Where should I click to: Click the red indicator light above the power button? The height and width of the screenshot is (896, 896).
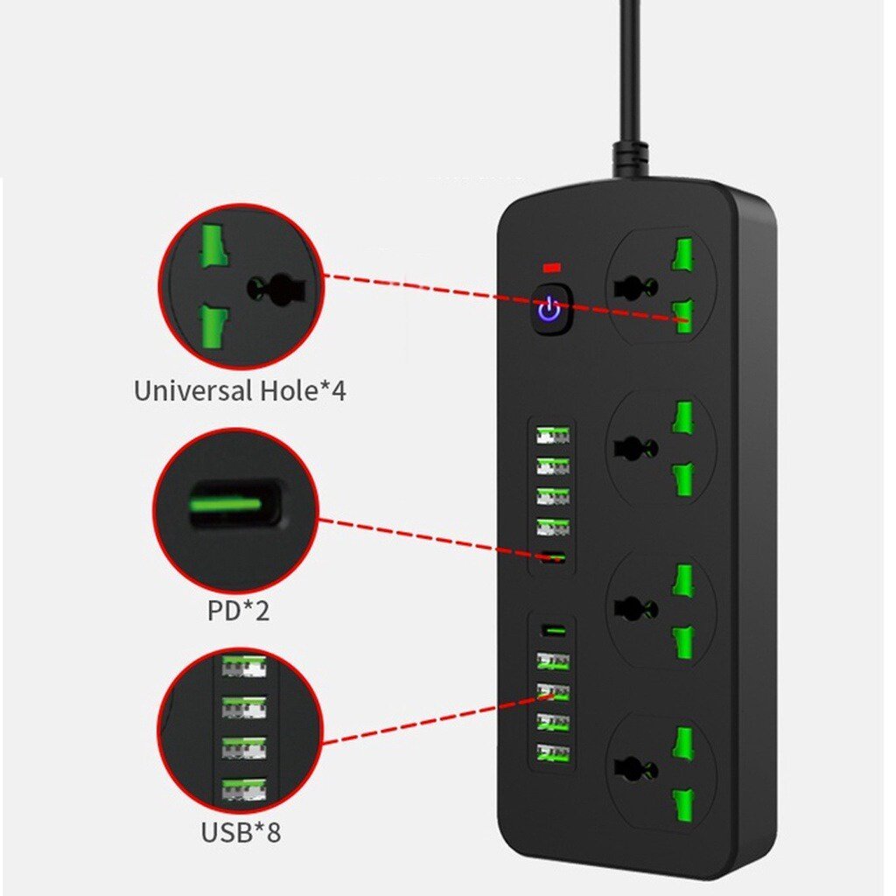[x=552, y=267]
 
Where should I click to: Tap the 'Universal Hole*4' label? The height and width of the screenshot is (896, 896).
[x=240, y=391]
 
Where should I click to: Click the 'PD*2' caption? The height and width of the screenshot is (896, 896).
[x=238, y=610]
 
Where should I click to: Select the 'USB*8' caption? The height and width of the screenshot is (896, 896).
[x=241, y=832]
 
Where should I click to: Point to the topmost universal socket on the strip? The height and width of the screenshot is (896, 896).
[x=661, y=286]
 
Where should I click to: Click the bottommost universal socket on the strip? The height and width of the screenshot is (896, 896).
[x=661, y=771]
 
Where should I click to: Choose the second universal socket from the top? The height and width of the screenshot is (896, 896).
[x=661, y=447]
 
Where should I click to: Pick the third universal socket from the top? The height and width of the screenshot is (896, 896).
[x=661, y=609]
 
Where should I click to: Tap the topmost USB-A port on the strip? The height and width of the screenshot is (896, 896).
[x=553, y=436]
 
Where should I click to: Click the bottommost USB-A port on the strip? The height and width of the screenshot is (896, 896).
[x=553, y=752]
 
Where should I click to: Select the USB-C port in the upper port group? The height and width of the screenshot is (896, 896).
[x=553, y=556]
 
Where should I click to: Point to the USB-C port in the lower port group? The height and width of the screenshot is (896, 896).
[x=553, y=632]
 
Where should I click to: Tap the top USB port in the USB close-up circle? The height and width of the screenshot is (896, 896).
[x=244, y=666]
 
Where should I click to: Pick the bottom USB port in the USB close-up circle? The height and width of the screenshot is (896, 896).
[x=244, y=790]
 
